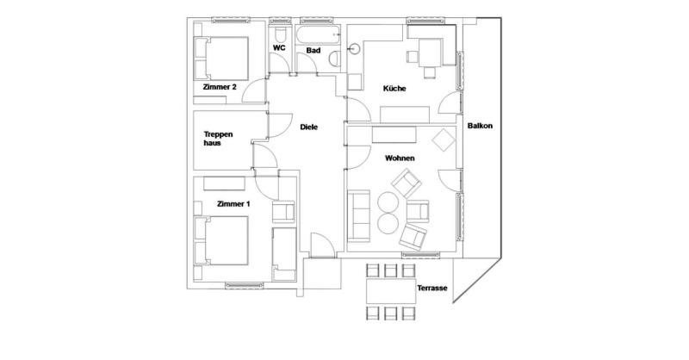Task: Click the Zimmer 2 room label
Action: (220, 87)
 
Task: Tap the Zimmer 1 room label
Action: (233, 204)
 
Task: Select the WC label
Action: (279, 47)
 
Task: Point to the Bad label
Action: (313, 51)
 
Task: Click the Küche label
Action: (394, 89)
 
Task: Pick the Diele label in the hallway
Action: (309, 127)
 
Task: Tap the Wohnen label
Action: (400, 158)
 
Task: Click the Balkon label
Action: (480, 126)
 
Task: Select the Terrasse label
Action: (432, 288)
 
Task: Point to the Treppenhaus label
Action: (218, 139)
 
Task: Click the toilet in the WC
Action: (280, 35)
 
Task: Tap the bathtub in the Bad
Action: (318, 34)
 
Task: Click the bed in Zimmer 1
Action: (221, 240)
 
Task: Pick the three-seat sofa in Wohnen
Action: (359, 216)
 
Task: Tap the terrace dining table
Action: (391, 291)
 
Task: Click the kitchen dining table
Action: (430, 53)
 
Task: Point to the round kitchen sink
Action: (355, 48)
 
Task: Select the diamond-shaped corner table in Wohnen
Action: (444, 140)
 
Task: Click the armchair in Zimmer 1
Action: (283, 212)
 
